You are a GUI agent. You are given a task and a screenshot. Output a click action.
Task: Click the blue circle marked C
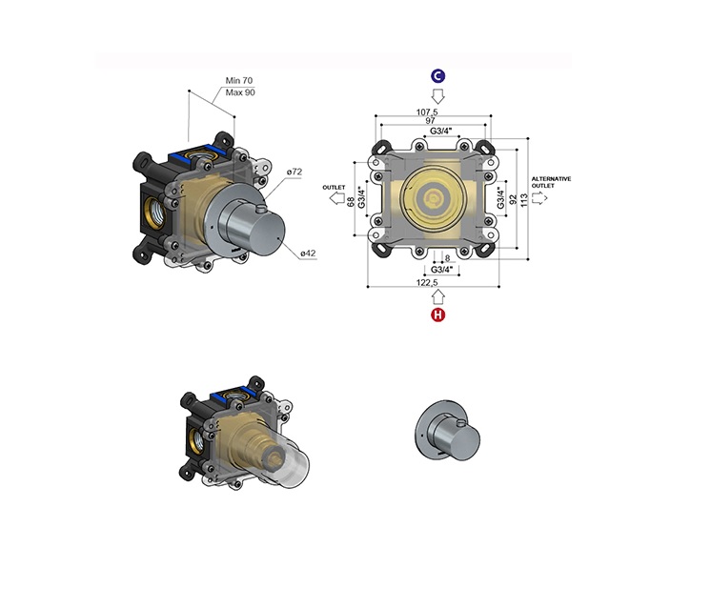tap(437, 75)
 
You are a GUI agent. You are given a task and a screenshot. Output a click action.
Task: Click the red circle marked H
tap(438, 315)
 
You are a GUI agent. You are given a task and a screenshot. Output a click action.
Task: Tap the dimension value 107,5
tap(427, 112)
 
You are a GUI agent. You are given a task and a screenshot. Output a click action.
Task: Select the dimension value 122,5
tap(427, 282)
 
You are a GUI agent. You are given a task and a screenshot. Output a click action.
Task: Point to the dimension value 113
tap(524, 200)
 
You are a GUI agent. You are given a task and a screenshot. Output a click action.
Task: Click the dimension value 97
tap(431, 121)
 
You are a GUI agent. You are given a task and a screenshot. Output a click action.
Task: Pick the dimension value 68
tap(351, 202)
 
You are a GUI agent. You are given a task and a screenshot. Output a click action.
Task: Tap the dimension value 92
tap(514, 200)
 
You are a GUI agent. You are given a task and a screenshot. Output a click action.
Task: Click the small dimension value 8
tap(448, 258)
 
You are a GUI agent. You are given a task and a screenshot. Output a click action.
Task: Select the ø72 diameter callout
tap(295, 172)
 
